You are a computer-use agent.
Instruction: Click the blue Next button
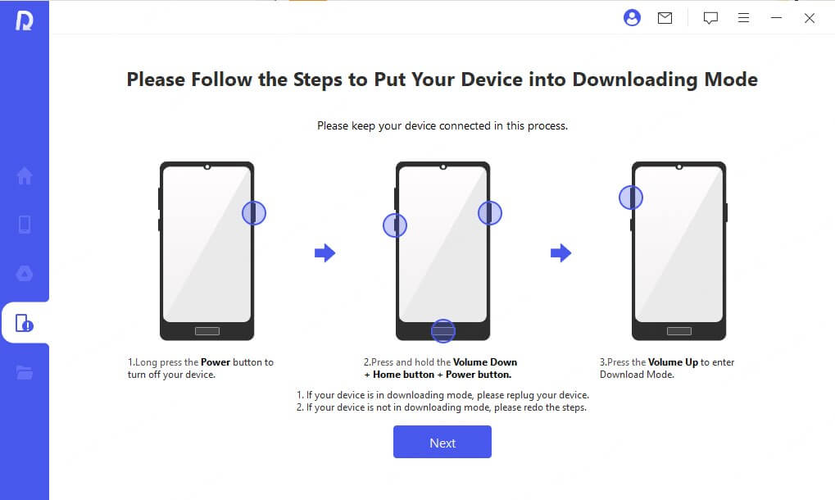(442, 442)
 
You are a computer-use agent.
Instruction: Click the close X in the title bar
(809, 18)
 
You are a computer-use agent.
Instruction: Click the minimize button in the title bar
(776, 18)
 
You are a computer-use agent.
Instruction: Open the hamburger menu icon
(743, 18)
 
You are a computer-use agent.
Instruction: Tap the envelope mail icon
(665, 18)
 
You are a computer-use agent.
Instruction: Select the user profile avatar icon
(632, 18)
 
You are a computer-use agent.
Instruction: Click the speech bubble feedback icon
(710, 18)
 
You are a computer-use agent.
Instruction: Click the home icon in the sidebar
(25, 175)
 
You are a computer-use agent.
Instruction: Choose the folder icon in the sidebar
(25, 373)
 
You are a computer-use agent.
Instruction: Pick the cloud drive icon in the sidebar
(25, 274)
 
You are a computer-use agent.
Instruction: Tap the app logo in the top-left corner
(24, 20)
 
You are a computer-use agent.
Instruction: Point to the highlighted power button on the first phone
(254, 213)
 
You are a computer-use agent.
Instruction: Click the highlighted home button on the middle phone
(442, 331)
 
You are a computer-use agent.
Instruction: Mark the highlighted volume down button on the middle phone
(395, 225)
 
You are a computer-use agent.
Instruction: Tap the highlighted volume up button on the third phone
(630, 197)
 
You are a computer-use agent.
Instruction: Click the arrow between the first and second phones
(325, 253)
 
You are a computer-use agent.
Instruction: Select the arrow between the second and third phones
(560, 253)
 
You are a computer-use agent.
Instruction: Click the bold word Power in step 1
(216, 361)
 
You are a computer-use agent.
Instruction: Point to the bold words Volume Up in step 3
(673, 361)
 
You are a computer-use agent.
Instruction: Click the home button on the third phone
(678, 331)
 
